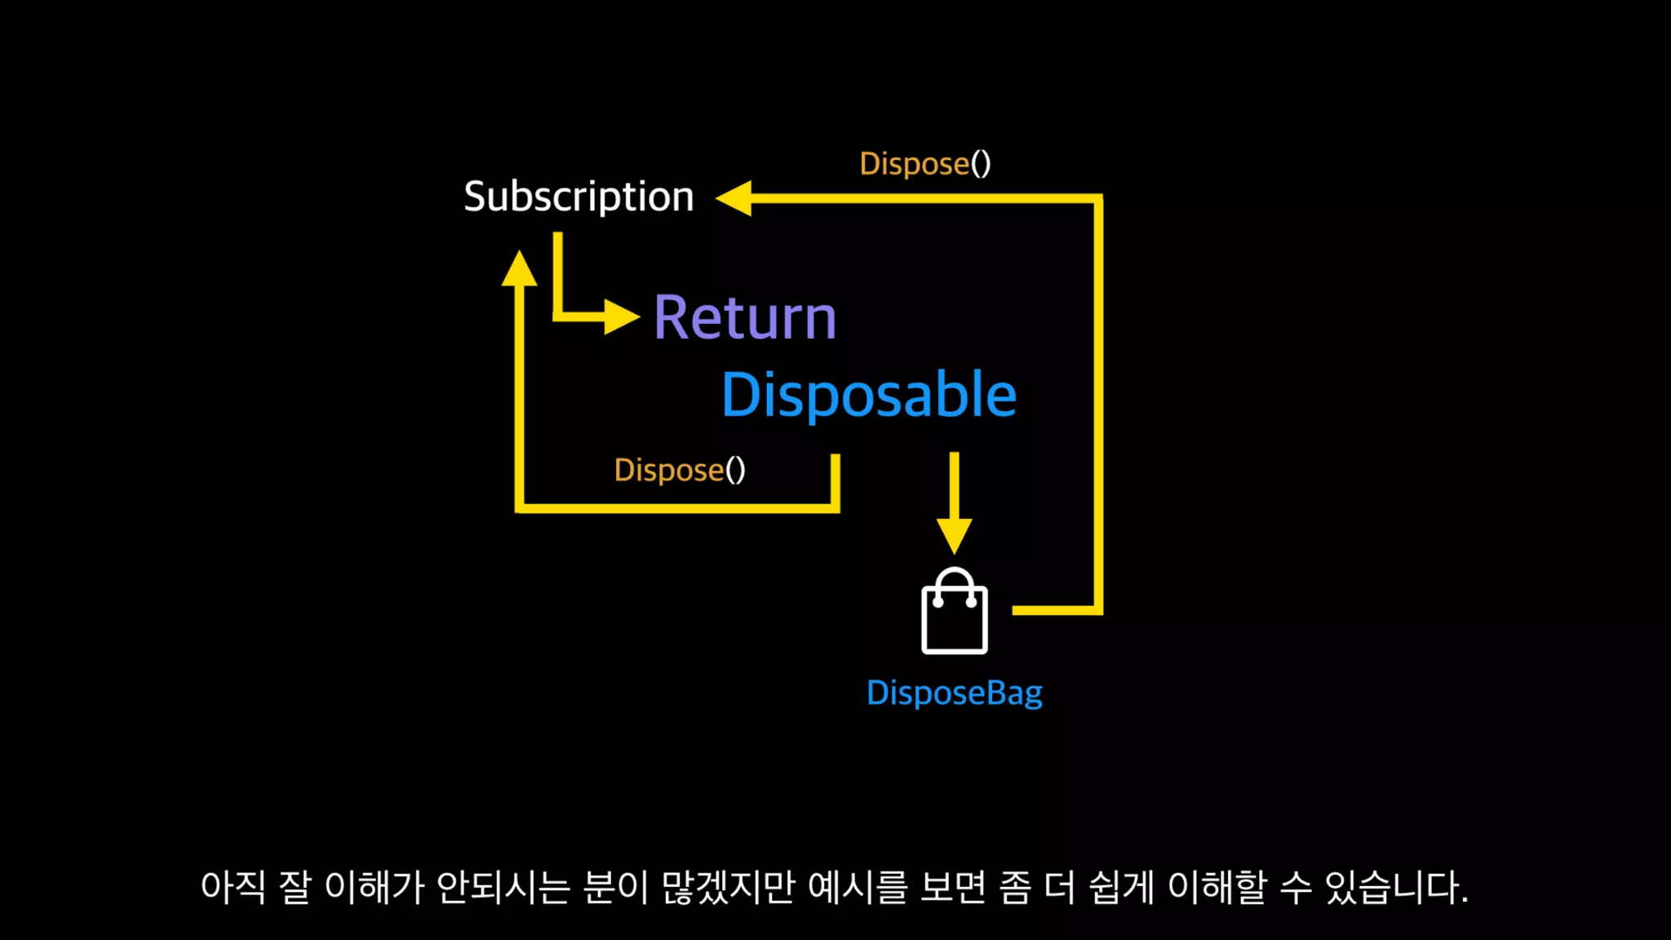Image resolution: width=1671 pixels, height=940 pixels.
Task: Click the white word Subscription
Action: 578,197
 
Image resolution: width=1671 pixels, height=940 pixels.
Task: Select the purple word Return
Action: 745,317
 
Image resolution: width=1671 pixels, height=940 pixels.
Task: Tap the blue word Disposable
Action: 869,395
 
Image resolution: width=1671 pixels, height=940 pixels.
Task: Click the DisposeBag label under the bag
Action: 954,693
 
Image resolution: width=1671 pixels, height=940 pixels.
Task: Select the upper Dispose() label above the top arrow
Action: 924,164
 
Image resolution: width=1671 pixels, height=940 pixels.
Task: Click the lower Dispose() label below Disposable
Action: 679,470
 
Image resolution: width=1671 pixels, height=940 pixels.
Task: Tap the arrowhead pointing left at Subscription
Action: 734,198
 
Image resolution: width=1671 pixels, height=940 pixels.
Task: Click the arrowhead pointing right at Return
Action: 622,317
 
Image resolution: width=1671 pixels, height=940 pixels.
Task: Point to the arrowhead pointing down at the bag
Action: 954,535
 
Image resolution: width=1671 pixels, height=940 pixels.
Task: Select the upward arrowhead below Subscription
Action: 519,268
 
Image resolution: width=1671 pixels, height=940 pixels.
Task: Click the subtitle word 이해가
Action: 375,887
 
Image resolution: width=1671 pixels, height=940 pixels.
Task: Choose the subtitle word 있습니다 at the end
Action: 1394,887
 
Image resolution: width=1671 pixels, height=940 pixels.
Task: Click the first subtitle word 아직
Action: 233,887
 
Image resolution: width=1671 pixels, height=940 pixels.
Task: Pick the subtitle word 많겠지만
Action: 728,887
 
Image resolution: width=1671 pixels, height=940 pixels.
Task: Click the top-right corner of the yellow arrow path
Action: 1098,198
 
